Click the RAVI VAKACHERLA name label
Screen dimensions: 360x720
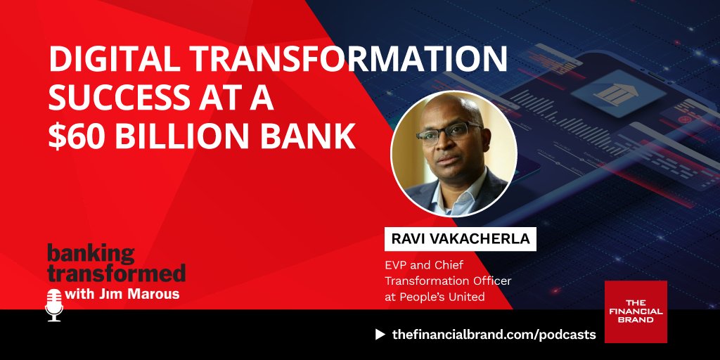coord(460,239)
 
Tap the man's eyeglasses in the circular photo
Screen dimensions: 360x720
coord(449,131)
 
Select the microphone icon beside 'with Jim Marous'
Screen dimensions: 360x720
coord(54,304)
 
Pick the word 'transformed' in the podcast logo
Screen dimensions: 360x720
coord(116,272)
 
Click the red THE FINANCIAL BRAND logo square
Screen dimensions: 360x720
coord(636,311)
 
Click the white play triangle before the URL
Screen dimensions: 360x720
coord(380,335)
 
